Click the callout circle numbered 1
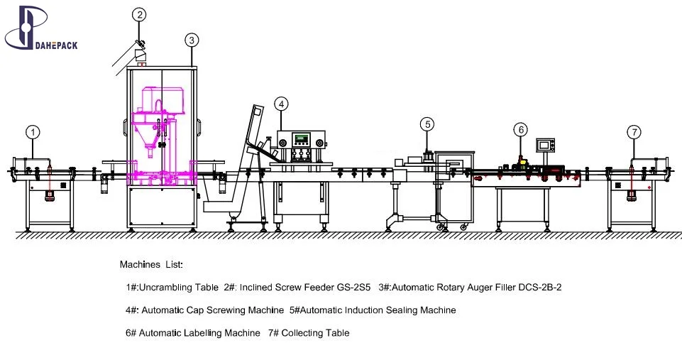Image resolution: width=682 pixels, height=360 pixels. [x=33, y=131]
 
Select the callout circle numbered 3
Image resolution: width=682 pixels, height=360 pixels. [x=192, y=40]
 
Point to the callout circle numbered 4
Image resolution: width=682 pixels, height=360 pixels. [x=282, y=104]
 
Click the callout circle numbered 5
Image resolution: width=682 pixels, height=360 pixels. [x=427, y=124]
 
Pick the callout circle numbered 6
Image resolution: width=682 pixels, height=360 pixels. [x=521, y=129]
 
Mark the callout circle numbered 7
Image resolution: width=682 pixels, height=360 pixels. [x=634, y=131]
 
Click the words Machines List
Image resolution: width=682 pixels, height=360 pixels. [x=150, y=265]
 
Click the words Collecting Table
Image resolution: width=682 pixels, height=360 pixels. [x=315, y=333]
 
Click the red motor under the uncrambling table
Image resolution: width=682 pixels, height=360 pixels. [x=50, y=196]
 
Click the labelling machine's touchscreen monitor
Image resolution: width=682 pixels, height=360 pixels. [x=545, y=145]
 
